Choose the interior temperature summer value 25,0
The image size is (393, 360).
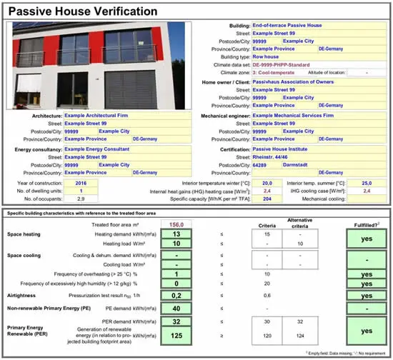(x=367, y=183)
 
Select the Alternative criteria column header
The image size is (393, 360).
(x=293, y=223)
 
